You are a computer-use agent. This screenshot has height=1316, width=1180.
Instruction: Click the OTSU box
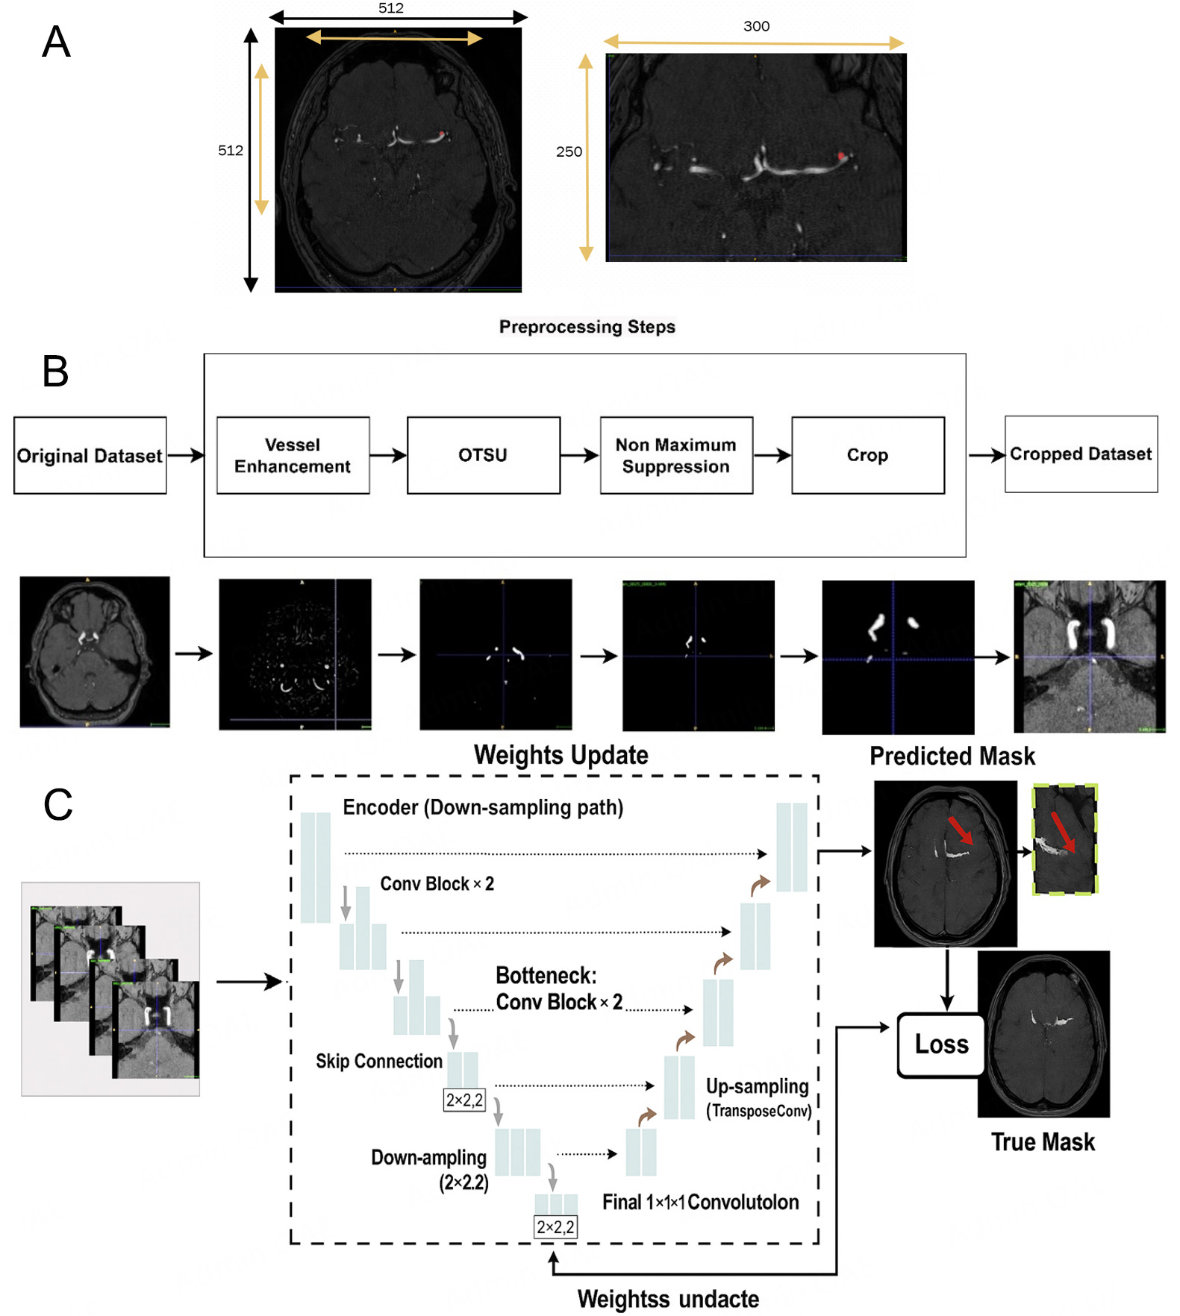[x=483, y=455]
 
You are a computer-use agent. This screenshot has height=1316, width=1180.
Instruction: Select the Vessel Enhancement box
[x=293, y=455]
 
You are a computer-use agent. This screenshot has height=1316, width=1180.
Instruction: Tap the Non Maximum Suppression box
[x=675, y=455]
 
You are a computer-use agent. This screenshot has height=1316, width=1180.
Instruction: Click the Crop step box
[x=867, y=455]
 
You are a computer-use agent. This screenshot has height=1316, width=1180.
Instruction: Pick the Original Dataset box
[x=90, y=455]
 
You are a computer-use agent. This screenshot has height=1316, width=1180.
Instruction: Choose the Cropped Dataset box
[x=1080, y=454]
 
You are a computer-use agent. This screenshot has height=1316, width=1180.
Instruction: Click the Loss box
[x=941, y=1044]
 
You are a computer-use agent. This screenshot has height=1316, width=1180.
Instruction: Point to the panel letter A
[x=56, y=42]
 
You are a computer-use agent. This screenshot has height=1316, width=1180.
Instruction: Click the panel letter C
[x=57, y=804]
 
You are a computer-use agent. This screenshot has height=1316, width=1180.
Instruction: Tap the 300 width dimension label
[x=756, y=26]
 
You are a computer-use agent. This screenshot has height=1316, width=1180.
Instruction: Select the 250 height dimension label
[x=569, y=151]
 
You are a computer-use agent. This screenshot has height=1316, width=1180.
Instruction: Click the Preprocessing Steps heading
[x=587, y=327]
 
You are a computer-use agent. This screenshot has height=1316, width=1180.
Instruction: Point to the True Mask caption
[x=1042, y=1142]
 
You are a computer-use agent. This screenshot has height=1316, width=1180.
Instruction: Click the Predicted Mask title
[x=952, y=756]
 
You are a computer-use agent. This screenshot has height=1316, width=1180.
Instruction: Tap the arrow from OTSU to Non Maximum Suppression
[x=580, y=455]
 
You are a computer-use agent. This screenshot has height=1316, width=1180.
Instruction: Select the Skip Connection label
[x=378, y=1061]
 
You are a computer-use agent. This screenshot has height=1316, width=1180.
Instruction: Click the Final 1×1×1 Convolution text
[x=700, y=1202]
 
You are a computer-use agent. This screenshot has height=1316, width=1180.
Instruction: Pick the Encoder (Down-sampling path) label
[x=482, y=807]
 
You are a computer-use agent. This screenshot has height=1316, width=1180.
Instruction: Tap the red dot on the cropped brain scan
[x=842, y=155]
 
